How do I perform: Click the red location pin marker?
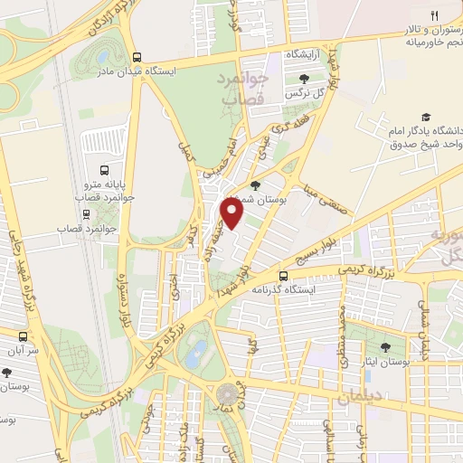[232, 214]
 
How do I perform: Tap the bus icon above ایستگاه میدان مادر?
[137, 54]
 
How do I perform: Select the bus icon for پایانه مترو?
[105, 169]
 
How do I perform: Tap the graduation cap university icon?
[426, 118]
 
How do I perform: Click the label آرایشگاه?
[306, 56]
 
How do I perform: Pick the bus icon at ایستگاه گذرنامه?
[283, 276]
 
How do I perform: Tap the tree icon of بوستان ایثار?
[387, 347]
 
